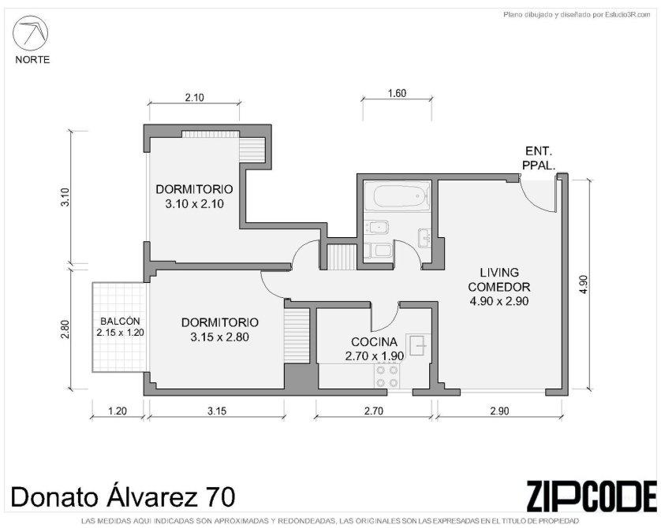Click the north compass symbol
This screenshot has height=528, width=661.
tap(30, 33)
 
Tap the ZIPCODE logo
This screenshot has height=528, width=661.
tap(592, 496)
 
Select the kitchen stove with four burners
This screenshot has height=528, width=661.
tap(387, 376)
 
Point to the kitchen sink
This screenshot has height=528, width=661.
tap(418, 345)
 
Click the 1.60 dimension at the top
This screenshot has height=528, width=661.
tap(397, 93)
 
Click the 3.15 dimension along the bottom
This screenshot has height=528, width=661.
tap(217, 411)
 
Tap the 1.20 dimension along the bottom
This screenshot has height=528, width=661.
tap(118, 411)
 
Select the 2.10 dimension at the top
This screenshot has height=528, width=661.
tap(194, 98)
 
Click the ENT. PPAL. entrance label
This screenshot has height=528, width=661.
tap(539, 158)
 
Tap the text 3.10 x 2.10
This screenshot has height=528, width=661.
tap(194, 204)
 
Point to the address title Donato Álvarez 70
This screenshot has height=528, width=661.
tap(123, 496)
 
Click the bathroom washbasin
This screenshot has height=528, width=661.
tap(424, 238)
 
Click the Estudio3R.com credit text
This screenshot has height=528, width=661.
tap(577, 15)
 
